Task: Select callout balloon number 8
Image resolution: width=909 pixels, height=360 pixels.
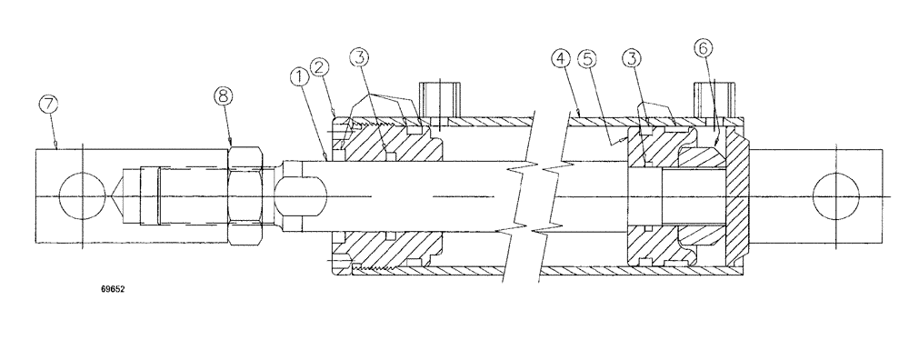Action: pyautogui.click(x=224, y=94)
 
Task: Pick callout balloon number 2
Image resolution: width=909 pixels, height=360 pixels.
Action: pyautogui.click(x=320, y=65)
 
